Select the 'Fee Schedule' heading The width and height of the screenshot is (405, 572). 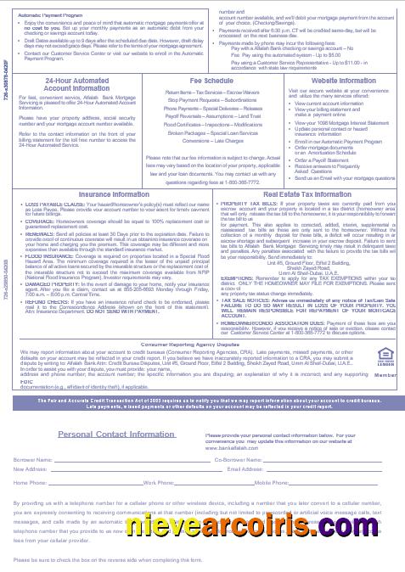(x=188, y=80)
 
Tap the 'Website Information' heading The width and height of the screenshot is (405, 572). (x=320, y=80)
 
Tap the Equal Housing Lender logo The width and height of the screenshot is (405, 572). (x=385, y=356)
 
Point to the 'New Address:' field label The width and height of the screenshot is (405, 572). (x=31, y=468)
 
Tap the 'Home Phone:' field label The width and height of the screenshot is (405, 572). (x=30, y=482)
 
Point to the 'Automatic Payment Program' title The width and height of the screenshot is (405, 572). (x=52, y=15)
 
